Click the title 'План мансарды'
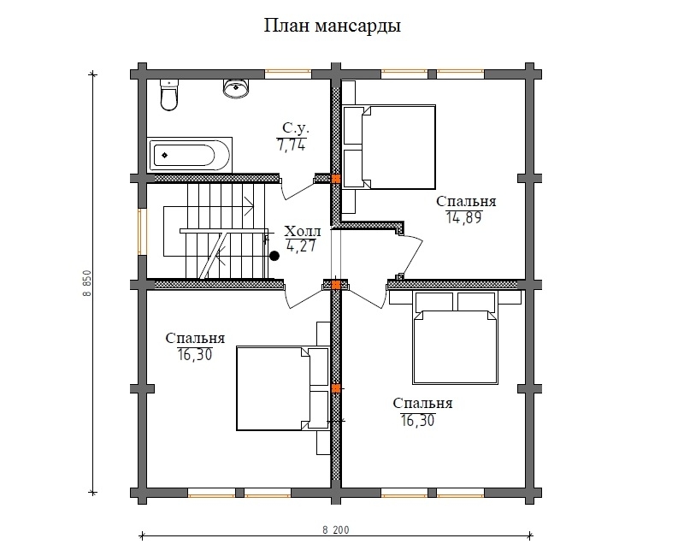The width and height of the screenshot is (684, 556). pyautogui.click(x=332, y=27)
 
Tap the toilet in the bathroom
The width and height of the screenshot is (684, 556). pyautogui.click(x=169, y=95)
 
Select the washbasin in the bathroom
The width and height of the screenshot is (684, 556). pyautogui.click(x=235, y=87)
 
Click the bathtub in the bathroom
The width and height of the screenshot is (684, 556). pyautogui.click(x=189, y=155)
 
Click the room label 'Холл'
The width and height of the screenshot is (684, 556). pyautogui.click(x=302, y=232)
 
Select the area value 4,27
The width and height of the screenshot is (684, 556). pyautogui.click(x=300, y=248)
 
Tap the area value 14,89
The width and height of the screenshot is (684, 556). pyautogui.click(x=463, y=216)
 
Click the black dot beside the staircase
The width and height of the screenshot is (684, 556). pyautogui.click(x=274, y=255)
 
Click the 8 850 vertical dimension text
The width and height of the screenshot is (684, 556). pyautogui.click(x=87, y=281)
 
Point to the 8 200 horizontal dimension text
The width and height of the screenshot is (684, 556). pyautogui.click(x=336, y=530)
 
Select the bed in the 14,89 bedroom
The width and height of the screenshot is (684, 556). pyautogui.click(x=389, y=146)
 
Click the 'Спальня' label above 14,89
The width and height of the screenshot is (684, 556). pyautogui.click(x=466, y=201)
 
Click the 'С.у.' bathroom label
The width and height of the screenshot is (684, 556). pyautogui.click(x=295, y=128)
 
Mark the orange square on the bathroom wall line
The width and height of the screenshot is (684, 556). pyautogui.click(x=336, y=179)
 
